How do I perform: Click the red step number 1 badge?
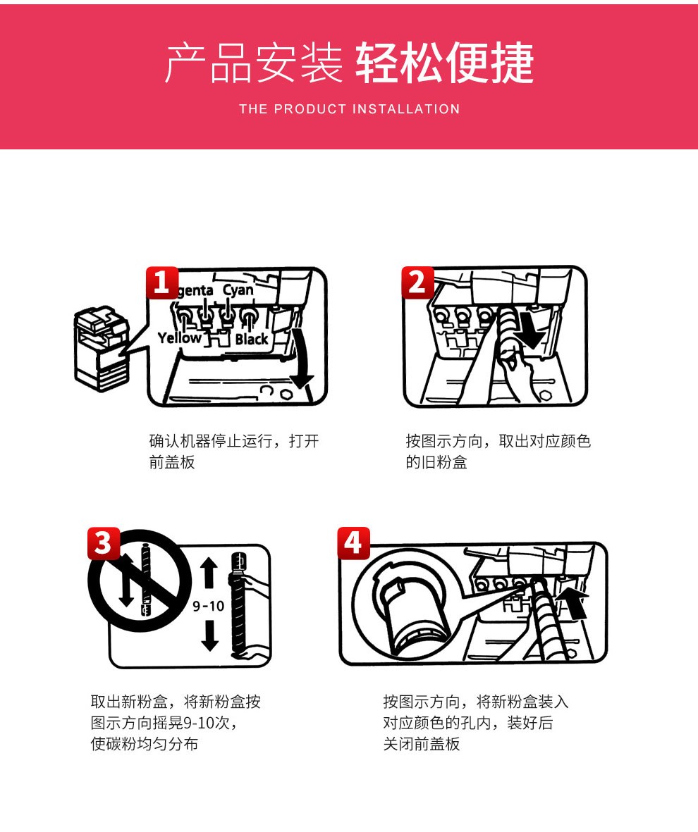coord(162,282)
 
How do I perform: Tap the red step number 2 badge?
coord(417,282)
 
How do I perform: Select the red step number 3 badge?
coord(103,543)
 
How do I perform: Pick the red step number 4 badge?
coord(354,543)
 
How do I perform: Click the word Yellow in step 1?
coord(180,337)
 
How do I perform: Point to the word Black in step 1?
coord(252,339)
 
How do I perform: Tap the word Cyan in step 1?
coord(238,290)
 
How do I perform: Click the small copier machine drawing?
coord(102,348)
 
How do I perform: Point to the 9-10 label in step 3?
coord(208,605)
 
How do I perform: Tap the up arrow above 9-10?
coord(209,573)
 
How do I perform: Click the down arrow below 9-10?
coord(210,635)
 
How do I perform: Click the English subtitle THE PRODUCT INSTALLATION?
coord(349,109)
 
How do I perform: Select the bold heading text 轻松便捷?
coord(445,63)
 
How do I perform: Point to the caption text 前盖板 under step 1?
coord(172,462)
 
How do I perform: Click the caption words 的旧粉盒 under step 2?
coord(436,462)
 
